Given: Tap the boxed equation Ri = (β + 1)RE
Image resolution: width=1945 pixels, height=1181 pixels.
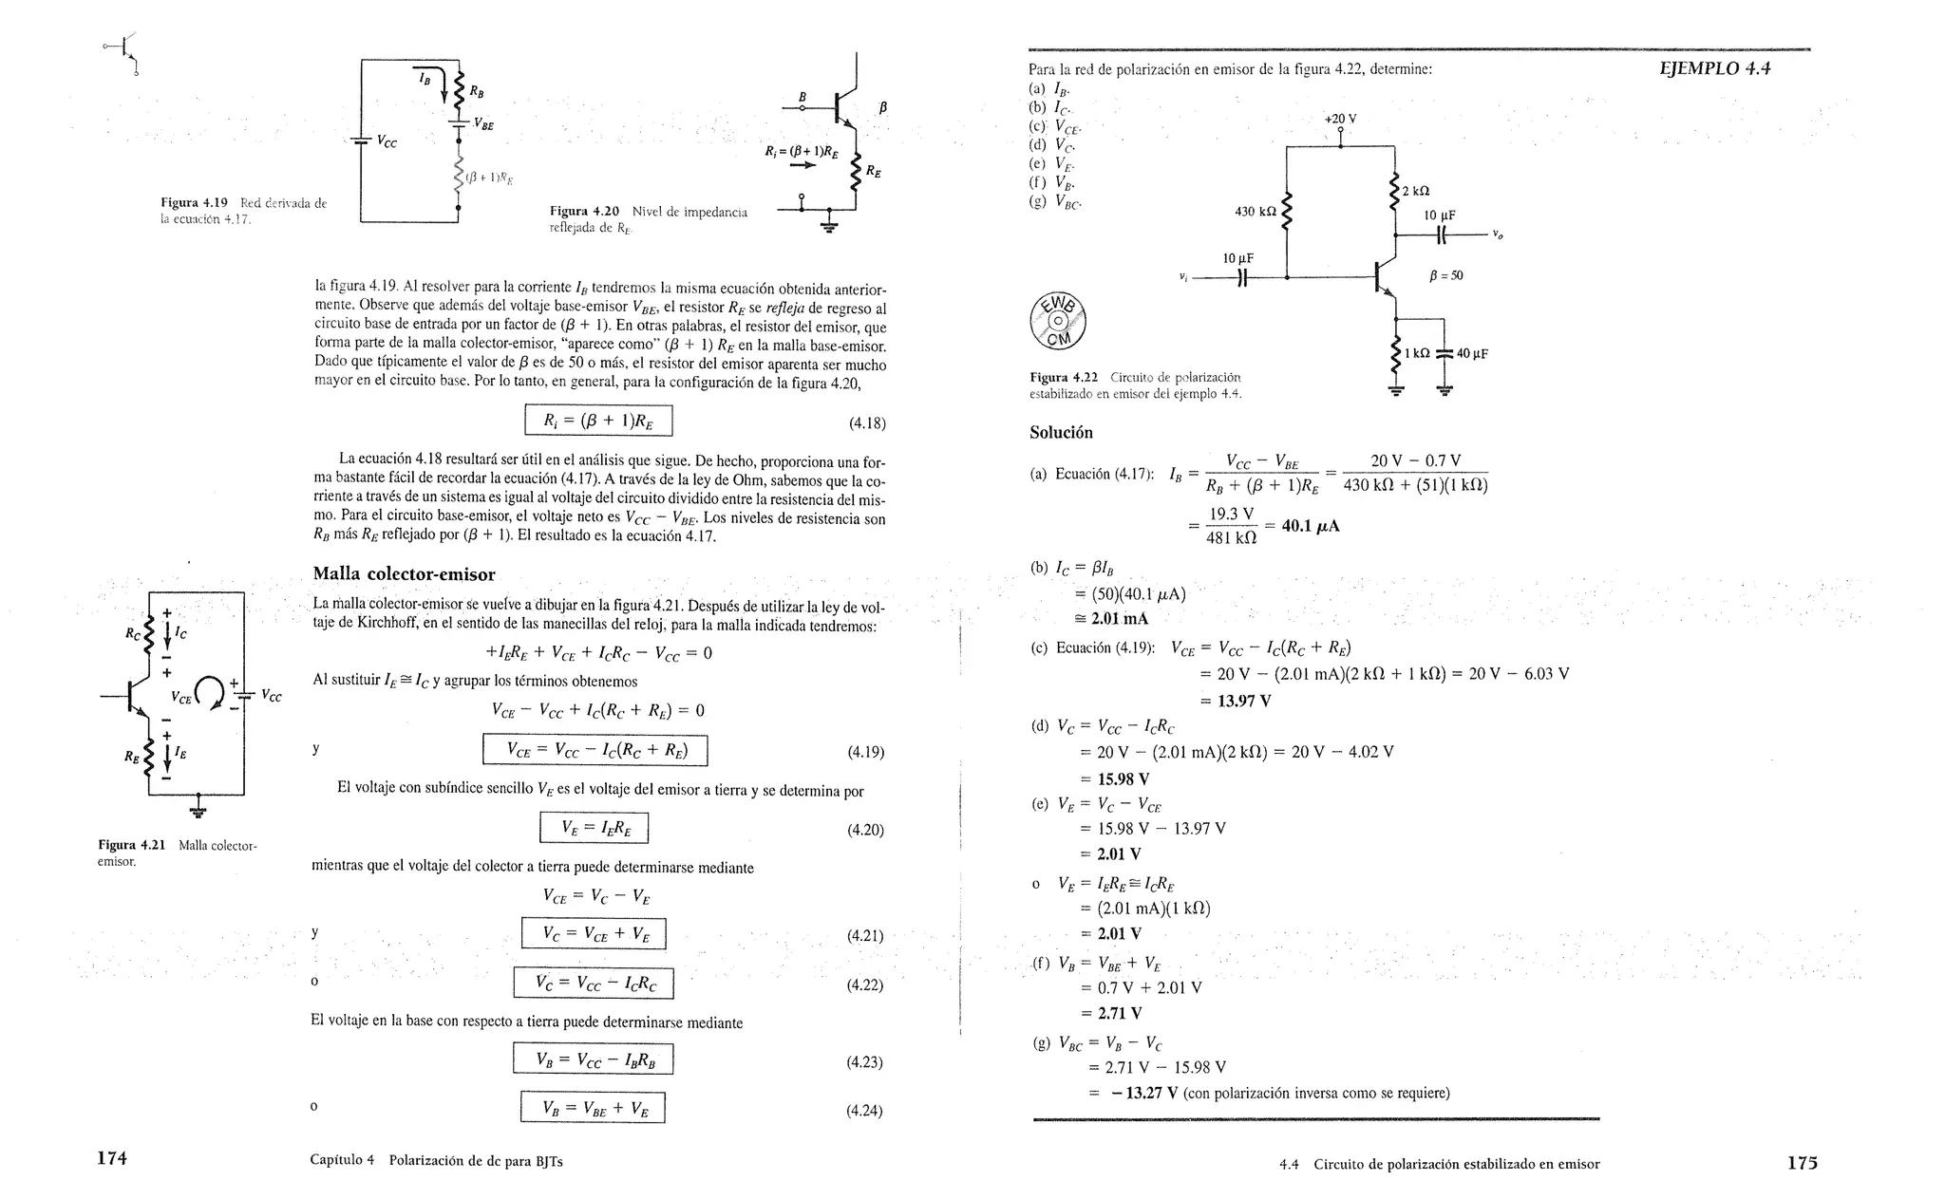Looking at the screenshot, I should (598, 421).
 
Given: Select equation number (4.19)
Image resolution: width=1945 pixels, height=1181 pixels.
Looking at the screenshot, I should (865, 753).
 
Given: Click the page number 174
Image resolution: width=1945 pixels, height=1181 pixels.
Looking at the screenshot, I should (112, 1159).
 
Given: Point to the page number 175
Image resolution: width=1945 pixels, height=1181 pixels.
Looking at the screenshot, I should (1802, 1162).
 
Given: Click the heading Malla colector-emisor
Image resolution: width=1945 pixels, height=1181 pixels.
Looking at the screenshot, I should (404, 574).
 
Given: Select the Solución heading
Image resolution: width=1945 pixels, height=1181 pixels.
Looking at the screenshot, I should (1061, 433).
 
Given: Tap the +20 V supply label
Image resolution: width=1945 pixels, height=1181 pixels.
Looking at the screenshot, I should (1340, 120).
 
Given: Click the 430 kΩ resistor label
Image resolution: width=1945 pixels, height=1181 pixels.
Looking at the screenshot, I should (1254, 211).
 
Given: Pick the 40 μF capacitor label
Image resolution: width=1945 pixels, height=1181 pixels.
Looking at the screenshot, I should (1472, 354).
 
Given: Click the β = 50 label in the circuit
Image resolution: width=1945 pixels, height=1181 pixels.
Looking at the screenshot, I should (1445, 276).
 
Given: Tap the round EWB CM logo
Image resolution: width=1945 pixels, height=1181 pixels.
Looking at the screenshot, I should (1058, 320).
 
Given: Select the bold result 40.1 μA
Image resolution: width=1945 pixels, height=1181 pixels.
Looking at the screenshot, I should (1311, 526).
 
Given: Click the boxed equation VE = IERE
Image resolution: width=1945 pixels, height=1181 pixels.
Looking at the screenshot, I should (594, 828).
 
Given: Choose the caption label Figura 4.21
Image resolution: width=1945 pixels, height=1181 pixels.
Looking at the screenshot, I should (131, 845).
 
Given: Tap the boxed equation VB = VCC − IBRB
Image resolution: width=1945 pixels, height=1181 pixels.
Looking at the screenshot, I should (593, 1059).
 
